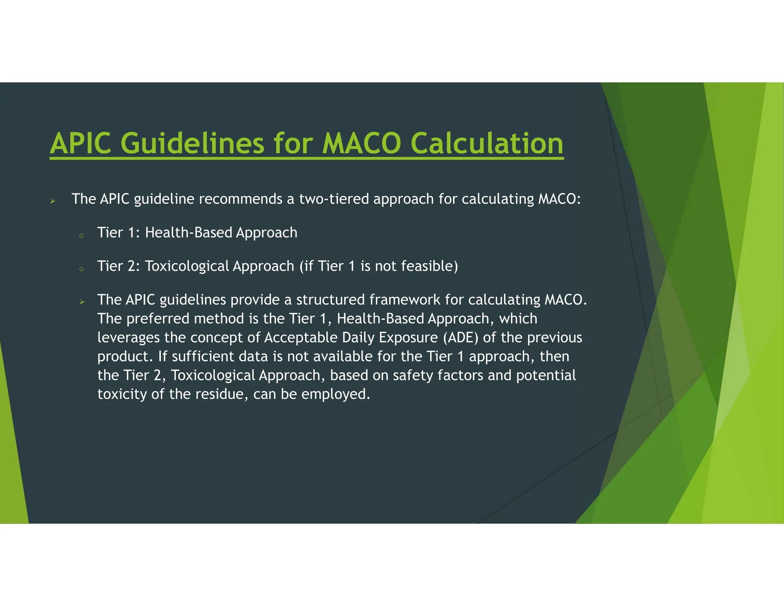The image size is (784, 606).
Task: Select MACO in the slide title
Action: pos(361,144)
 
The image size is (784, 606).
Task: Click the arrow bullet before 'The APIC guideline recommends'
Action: pos(53,201)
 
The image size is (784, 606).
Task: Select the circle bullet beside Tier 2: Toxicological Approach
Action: pos(81,269)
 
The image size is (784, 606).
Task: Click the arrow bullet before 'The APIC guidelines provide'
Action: pos(82,302)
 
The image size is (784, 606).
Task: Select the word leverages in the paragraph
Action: pos(129,337)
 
